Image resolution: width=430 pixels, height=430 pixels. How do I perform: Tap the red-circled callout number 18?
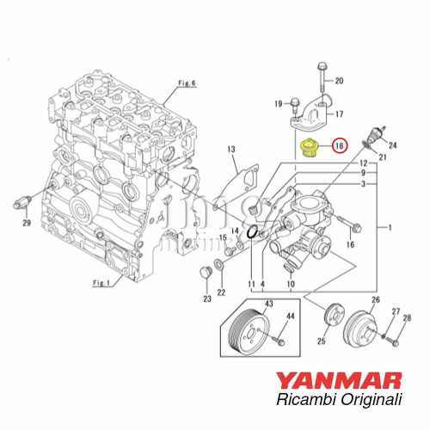pyautogui.click(x=340, y=146)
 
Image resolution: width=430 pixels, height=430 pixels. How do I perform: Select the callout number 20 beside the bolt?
pyautogui.click(x=338, y=81)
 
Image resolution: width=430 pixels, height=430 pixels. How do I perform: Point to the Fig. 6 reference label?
pyautogui.click(x=187, y=83)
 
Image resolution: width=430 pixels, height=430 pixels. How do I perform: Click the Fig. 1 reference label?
pyautogui.click(x=102, y=283)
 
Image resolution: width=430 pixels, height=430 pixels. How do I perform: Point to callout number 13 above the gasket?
pyautogui.click(x=231, y=150)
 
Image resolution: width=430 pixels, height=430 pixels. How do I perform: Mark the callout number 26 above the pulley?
pyautogui.click(x=374, y=300)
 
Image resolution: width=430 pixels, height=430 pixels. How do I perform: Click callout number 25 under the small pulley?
pyautogui.click(x=322, y=342)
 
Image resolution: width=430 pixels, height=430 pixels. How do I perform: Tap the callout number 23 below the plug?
pyautogui.click(x=206, y=298)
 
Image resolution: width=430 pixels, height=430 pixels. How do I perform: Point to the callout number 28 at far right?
pyautogui.click(x=407, y=318)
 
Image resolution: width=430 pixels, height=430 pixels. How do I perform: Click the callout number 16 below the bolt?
pyautogui.click(x=349, y=245)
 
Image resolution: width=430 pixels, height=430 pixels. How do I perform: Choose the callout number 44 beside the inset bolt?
pyautogui.click(x=290, y=317)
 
